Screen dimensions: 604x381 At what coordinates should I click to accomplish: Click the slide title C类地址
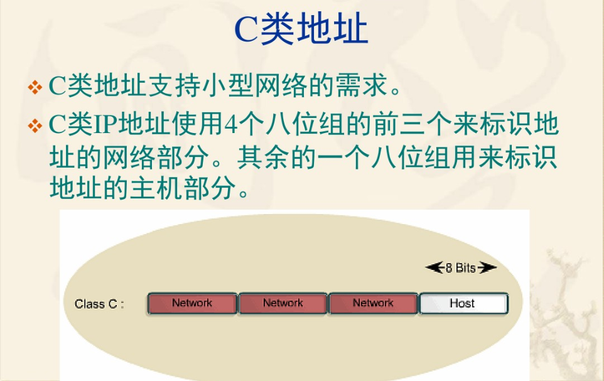(301, 29)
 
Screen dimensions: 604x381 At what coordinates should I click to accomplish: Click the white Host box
(464, 304)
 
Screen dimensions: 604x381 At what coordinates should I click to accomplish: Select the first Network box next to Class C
(192, 304)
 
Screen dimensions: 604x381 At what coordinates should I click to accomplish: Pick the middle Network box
(283, 304)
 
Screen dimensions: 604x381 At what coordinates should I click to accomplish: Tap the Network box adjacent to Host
(374, 304)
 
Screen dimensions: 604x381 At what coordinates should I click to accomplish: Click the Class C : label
(99, 304)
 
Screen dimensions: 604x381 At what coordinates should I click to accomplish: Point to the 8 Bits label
(461, 268)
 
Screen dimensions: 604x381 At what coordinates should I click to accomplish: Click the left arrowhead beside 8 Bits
(435, 267)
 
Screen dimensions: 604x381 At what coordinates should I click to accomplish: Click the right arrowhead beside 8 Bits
(487, 267)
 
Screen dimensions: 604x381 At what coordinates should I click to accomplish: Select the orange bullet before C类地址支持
(35, 87)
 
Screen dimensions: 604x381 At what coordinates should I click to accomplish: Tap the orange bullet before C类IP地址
(35, 126)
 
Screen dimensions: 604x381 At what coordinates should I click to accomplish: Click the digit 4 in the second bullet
(230, 124)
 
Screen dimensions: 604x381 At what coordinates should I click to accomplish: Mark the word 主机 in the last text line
(156, 188)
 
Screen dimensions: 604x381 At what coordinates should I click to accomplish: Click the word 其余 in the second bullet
(264, 157)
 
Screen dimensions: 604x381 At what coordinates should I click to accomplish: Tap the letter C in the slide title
(245, 30)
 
